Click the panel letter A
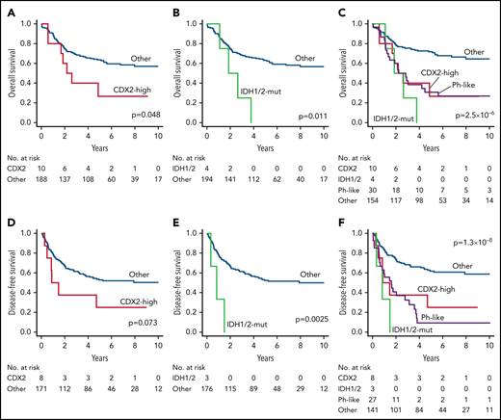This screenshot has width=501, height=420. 7,8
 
